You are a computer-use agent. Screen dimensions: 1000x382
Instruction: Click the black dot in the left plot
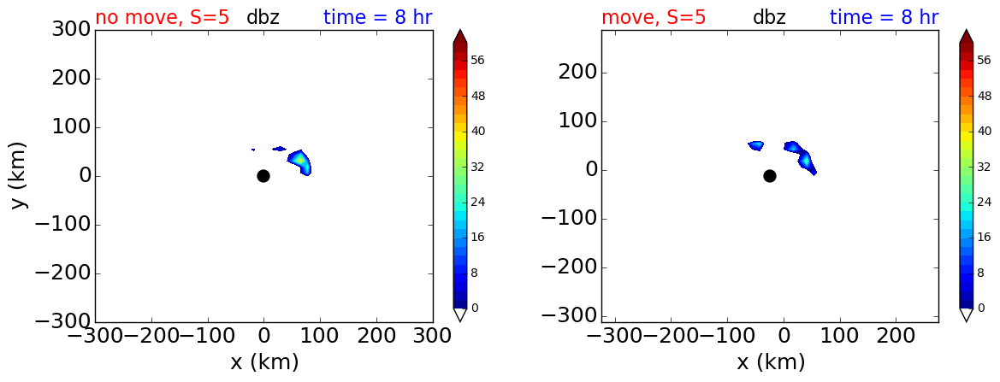pos(263,176)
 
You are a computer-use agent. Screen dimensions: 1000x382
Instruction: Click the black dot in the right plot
pos(770,176)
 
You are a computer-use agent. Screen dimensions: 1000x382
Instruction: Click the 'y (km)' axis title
pos(21,176)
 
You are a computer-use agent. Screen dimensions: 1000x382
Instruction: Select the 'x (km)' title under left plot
pos(264,362)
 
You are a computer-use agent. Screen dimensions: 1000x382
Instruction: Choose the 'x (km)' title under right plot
pos(771,362)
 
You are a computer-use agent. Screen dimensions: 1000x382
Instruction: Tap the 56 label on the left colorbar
pos(477,61)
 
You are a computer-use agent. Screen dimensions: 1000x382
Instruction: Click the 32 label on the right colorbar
pos(984,167)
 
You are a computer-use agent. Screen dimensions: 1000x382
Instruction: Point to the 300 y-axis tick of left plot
pos(69,30)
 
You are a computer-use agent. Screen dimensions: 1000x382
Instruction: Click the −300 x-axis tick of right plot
pos(615,336)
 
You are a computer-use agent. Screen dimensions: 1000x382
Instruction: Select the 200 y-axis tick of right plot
pos(575,73)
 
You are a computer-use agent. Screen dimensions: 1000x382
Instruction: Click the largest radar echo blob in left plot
pos(299,162)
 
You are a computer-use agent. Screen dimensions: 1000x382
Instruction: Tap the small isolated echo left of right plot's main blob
pos(755,146)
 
